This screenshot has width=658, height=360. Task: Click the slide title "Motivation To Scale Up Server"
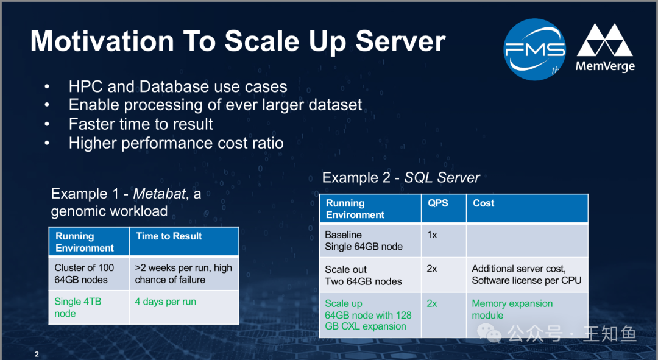tap(238, 42)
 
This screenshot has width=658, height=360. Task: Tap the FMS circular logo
tap(535, 49)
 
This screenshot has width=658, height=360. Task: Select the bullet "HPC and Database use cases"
tap(178, 87)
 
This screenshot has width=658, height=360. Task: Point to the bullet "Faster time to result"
tap(141, 124)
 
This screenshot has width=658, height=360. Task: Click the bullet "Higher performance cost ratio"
tap(176, 143)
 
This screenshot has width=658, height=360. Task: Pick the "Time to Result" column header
tap(169, 236)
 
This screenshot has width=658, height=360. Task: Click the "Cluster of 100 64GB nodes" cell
tap(84, 274)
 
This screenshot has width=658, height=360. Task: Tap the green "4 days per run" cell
tap(166, 302)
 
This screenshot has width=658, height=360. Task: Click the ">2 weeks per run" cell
tap(183, 274)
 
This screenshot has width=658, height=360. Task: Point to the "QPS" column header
tap(437, 203)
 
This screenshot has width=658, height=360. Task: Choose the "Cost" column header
tap(484, 203)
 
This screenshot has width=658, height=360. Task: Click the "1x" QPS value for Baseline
tap(432, 235)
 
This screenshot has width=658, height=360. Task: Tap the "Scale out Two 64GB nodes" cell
tap(363, 275)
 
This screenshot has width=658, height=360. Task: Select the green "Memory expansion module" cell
tap(512, 309)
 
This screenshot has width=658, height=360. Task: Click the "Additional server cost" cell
tap(526, 275)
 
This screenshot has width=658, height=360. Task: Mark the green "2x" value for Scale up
tap(432, 303)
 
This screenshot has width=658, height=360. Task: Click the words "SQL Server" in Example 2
tap(442, 178)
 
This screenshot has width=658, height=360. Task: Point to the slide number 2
tap(37, 355)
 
